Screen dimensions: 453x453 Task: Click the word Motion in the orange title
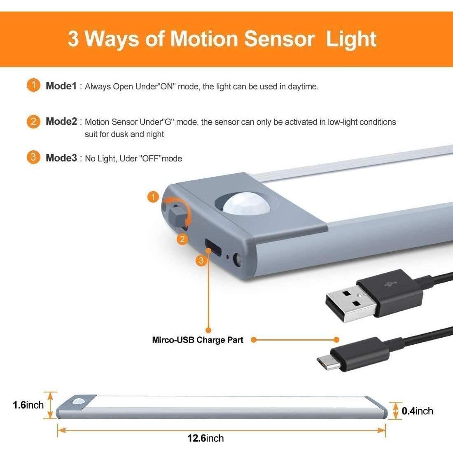click(204, 38)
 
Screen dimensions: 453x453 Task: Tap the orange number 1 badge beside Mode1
click(33, 86)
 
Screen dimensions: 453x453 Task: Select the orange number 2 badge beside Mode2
click(33, 121)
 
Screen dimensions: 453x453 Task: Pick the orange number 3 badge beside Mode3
click(33, 157)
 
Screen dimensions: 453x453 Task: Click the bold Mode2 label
click(61, 121)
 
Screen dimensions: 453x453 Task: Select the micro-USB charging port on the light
click(213, 247)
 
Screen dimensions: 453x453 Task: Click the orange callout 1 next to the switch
click(153, 197)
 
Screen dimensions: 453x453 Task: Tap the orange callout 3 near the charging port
click(201, 261)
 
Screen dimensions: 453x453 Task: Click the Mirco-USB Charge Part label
click(198, 340)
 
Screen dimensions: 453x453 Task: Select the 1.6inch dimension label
click(28, 405)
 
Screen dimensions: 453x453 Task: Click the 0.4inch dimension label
click(417, 411)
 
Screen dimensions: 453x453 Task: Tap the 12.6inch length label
click(205, 438)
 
